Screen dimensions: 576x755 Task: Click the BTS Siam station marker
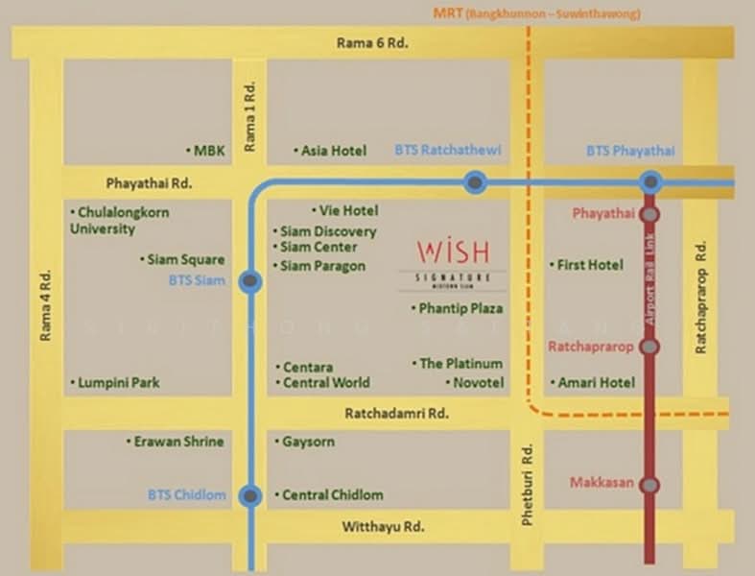click(250, 281)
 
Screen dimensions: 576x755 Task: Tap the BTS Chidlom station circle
click(250, 496)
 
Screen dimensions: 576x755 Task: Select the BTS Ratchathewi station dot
click(474, 181)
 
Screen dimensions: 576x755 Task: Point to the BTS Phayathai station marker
click(650, 181)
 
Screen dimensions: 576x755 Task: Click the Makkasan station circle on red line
click(650, 485)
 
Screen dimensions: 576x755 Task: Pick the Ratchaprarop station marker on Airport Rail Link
click(650, 347)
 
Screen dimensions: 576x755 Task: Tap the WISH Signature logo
click(453, 262)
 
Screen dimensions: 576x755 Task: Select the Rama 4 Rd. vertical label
click(45, 305)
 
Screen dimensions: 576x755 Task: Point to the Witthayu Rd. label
click(383, 527)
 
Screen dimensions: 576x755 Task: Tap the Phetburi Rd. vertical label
click(527, 485)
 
